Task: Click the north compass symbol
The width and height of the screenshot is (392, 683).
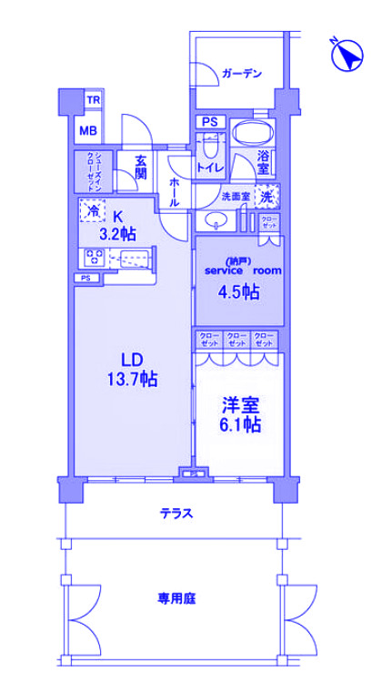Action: click(x=345, y=57)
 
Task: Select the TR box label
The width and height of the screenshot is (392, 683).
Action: click(x=93, y=100)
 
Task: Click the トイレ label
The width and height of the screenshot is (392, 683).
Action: click(x=211, y=167)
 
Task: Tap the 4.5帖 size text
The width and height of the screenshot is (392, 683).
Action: click(x=241, y=292)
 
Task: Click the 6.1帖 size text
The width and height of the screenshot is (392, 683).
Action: click(x=241, y=423)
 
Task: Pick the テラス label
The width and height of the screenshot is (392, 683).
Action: click(x=176, y=513)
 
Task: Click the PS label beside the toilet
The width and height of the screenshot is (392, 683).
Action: click(x=209, y=122)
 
